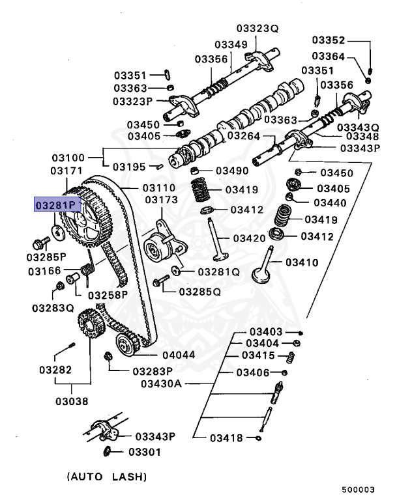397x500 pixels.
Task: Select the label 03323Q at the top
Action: [257, 29]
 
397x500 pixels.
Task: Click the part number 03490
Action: [232, 171]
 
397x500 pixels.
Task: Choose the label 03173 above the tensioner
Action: [162, 199]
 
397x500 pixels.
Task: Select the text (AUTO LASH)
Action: [106, 475]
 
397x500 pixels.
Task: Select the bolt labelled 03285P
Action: [40, 244]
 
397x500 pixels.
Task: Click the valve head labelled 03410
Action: [264, 275]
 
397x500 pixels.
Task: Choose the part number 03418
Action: [227, 438]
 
